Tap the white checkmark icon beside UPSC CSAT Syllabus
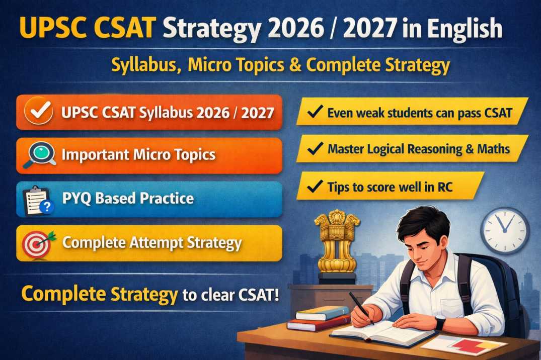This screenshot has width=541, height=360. coord(39,113)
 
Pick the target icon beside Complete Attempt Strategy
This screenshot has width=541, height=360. coord(38,243)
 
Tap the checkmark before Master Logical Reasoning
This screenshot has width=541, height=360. coord(315,149)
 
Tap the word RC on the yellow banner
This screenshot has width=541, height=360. coord(445,187)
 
